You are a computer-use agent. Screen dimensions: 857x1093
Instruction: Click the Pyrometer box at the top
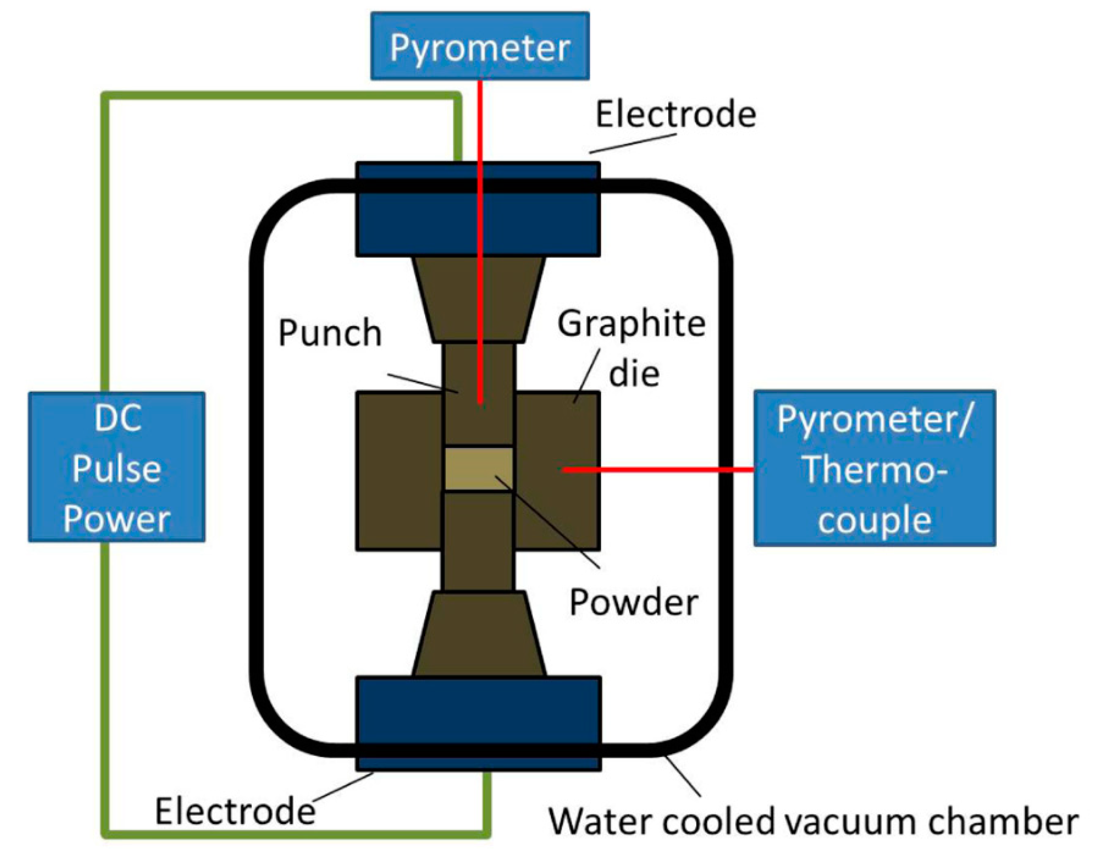[x=479, y=46]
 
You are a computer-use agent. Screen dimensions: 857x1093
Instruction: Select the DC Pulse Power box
[x=117, y=467]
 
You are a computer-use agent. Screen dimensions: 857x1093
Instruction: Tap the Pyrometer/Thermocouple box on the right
[x=874, y=468]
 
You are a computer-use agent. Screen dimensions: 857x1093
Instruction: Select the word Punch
[x=330, y=333]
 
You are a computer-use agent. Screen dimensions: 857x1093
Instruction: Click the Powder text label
[x=633, y=602]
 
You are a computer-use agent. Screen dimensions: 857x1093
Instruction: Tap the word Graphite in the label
[x=631, y=324]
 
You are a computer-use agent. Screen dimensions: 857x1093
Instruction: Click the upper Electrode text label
[x=675, y=114]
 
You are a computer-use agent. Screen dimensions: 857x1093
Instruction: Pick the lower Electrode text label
[x=235, y=811]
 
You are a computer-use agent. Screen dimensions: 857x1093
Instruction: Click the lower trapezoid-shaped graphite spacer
[x=478, y=635]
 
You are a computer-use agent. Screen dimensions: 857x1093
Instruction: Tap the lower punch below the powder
[x=478, y=542]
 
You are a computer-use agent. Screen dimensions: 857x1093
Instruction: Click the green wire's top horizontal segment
[x=281, y=95]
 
